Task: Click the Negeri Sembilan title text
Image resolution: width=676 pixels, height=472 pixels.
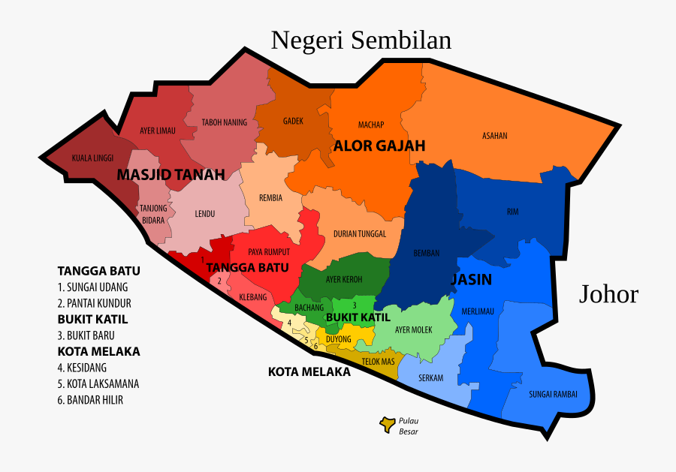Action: (x=361, y=40)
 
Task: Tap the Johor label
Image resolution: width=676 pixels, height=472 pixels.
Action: (x=608, y=294)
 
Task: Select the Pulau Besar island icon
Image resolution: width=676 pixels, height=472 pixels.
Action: (x=388, y=425)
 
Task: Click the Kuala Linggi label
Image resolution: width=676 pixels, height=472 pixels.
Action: (x=92, y=158)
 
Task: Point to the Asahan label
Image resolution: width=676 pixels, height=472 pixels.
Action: (x=495, y=136)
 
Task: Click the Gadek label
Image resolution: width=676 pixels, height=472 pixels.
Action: (x=293, y=121)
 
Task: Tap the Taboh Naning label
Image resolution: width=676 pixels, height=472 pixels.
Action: (x=224, y=122)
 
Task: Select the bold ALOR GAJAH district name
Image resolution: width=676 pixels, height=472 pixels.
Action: (x=379, y=146)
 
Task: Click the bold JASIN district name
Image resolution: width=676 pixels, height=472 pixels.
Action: (x=471, y=280)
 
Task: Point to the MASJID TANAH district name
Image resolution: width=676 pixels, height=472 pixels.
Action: (x=171, y=175)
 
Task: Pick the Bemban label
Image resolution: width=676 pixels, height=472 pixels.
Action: (x=427, y=253)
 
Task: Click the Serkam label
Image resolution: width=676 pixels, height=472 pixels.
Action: (x=430, y=377)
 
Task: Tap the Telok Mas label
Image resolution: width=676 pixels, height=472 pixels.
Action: (x=378, y=362)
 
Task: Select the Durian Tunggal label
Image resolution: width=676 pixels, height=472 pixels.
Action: (x=360, y=233)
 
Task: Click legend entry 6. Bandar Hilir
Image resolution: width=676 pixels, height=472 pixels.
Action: (x=90, y=400)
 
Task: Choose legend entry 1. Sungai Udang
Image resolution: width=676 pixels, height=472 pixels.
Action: (x=93, y=287)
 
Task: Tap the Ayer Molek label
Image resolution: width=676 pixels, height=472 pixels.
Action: (x=412, y=329)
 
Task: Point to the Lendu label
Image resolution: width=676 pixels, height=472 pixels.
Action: (x=205, y=214)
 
